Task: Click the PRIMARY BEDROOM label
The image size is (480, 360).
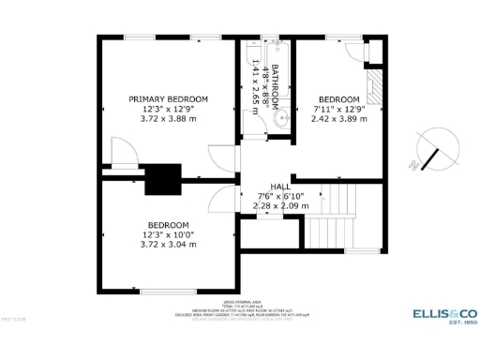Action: click(168, 98)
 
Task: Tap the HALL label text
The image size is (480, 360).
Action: click(279, 187)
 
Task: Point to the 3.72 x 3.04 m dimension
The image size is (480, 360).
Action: click(169, 245)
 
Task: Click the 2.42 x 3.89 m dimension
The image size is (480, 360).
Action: click(338, 120)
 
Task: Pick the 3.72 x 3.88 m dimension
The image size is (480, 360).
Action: click(169, 119)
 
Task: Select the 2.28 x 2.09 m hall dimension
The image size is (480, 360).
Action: click(279, 205)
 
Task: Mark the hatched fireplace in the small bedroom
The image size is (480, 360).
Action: click(375, 86)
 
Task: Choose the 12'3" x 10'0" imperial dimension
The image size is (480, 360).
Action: click(169, 235)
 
